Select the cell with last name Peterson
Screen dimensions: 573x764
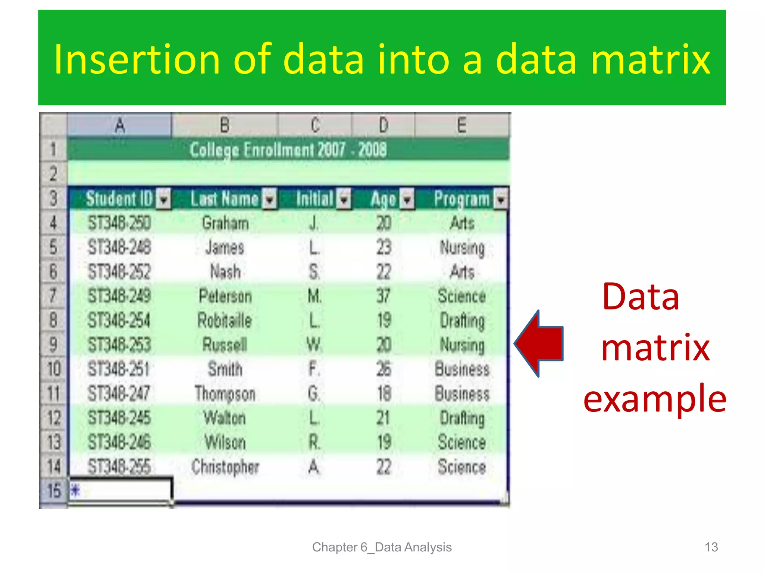[225, 296]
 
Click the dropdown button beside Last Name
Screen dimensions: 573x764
[270, 199]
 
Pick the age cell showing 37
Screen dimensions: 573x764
[383, 296]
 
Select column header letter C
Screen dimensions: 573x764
[315, 125]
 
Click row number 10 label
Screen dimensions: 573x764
[54, 369]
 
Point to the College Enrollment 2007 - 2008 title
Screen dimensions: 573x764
[288, 150]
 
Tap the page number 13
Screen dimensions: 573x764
[711, 547]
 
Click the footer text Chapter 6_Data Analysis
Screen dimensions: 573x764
[382, 547]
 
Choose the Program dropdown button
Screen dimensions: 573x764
[501, 199]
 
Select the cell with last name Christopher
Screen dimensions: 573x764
[225, 467]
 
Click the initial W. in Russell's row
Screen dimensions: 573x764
[314, 345]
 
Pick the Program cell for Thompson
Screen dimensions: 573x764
[462, 394]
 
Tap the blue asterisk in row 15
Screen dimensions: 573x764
[75, 490]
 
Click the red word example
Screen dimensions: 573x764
[655, 398]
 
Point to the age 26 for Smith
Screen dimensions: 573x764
[383, 369]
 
